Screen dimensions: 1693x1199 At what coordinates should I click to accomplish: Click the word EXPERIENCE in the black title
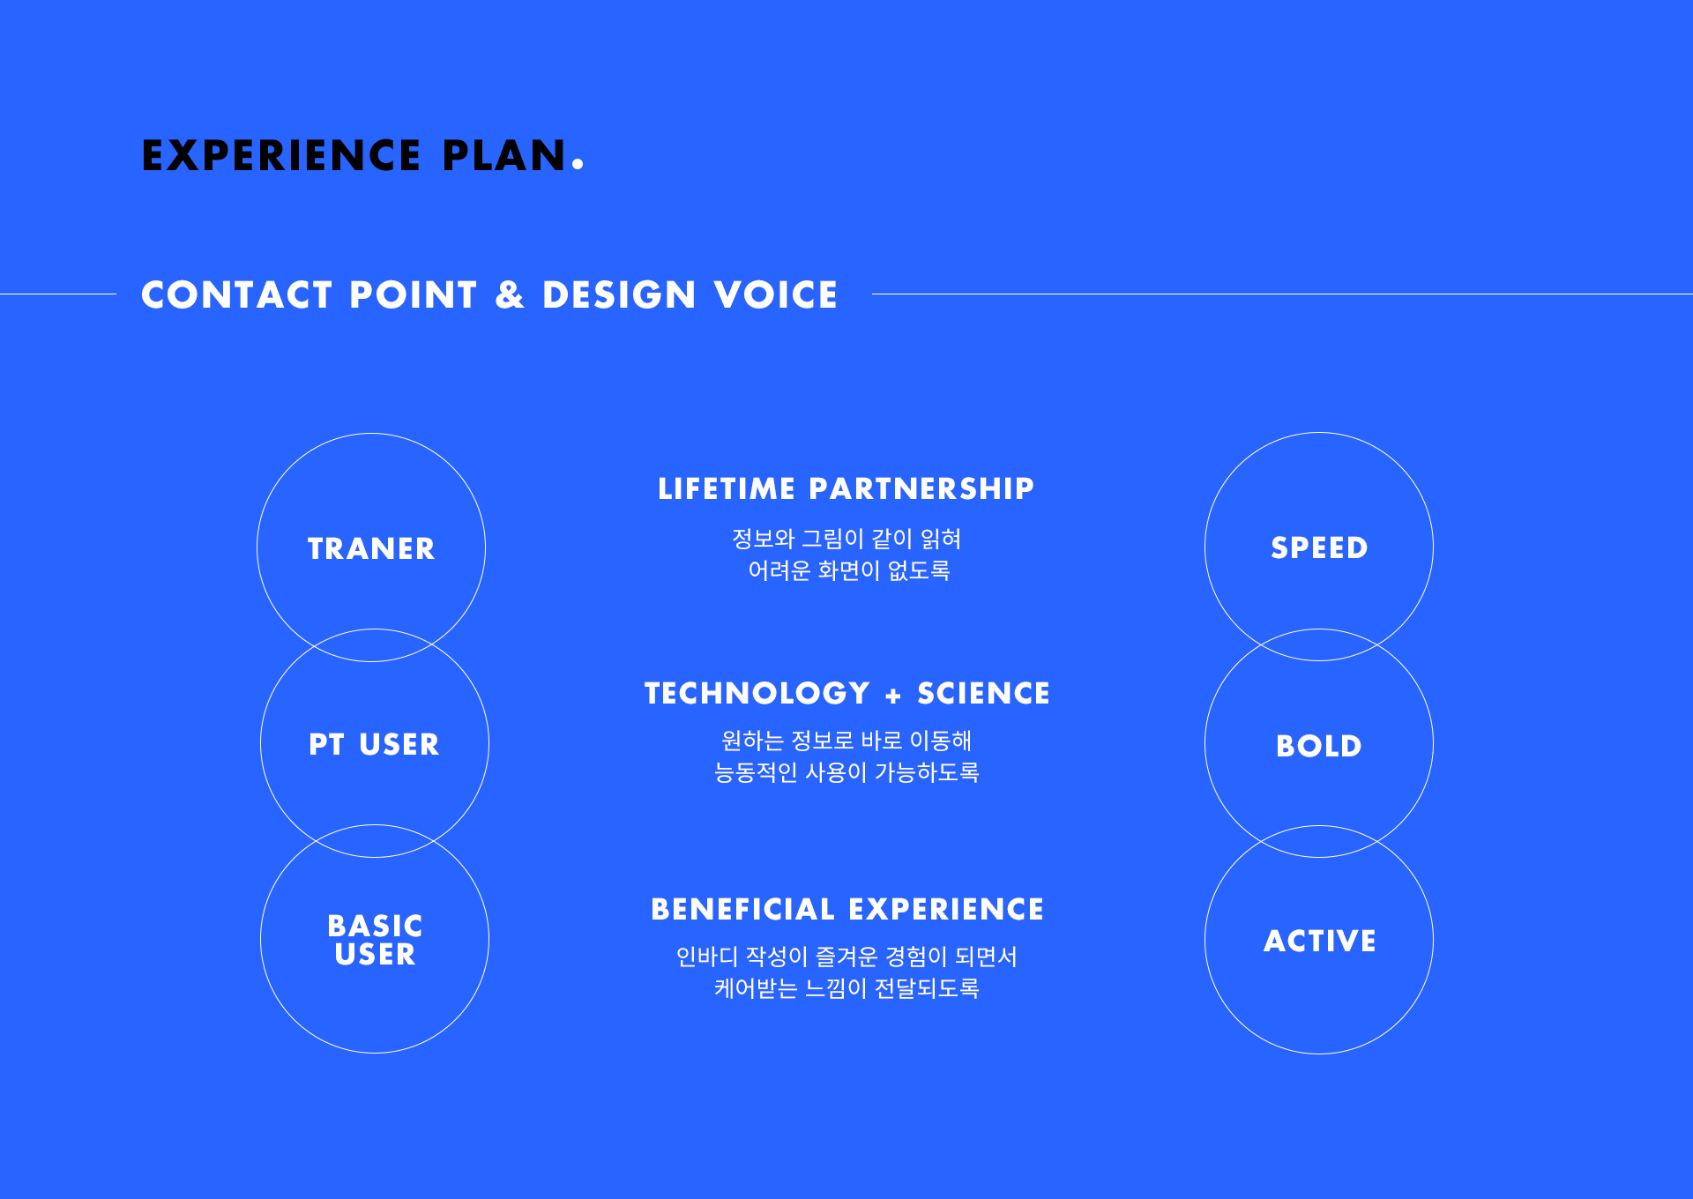tap(281, 156)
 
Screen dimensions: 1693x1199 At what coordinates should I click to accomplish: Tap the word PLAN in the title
tap(503, 156)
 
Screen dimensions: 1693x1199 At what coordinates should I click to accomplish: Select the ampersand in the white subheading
tap(510, 294)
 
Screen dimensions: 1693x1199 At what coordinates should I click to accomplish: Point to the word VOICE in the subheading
tap(776, 294)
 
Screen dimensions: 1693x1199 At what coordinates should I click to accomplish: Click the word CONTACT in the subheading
tap(237, 294)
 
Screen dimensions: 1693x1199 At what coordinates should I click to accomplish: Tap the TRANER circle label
tap(371, 548)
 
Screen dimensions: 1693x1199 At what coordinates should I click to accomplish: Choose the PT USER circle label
tap(374, 744)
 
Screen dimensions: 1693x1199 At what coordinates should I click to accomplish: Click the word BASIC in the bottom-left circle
tap(375, 926)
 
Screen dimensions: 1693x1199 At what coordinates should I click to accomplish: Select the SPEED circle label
tap(1319, 547)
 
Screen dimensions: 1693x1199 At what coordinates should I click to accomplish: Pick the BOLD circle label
tap(1319, 746)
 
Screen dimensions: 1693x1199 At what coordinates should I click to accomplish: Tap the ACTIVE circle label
tap(1319, 941)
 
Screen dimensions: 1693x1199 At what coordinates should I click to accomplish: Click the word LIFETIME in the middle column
tap(727, 488)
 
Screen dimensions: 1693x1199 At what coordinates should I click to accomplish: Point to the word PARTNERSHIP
tap(921, 488)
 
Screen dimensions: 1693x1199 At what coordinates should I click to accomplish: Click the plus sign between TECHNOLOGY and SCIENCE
tap(893, 696)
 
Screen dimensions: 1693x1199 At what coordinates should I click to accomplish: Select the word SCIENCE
tap(984, 693)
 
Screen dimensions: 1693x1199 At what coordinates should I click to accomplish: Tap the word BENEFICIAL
tap(742, 909)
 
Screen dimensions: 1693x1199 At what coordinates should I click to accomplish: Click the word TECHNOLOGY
tap(757, 693)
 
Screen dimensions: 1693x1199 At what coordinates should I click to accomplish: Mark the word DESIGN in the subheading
tap(619, 294)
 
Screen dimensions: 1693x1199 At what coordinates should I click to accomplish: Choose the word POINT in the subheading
tap(414, 294)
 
